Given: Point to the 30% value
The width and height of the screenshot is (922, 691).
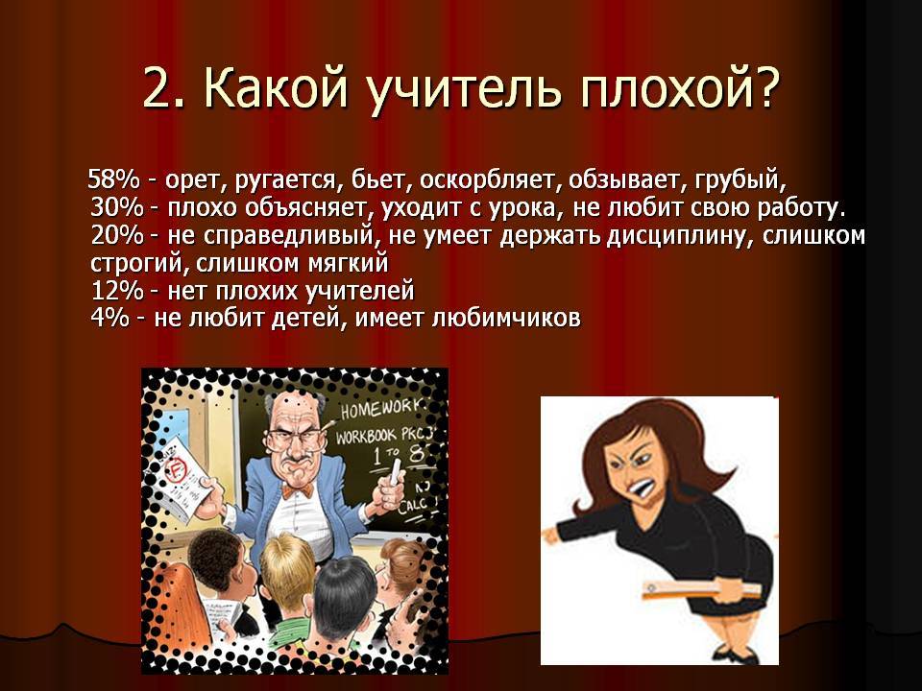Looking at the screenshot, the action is pyautogui.click(x=117, y=207).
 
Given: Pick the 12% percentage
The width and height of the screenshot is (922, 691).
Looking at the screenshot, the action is pyautogui.click(x=117, y=291).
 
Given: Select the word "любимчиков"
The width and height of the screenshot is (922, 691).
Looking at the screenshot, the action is pyautogui.click(x=506, y=319).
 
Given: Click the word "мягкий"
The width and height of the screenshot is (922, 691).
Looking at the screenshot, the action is pyautogui.click(x=348, y=264).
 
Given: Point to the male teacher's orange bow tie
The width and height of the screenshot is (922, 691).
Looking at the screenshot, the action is pyautogui.click(x=297, y=490).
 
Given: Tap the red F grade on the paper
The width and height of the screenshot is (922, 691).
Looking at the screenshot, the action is pyautogui.click(x=177, y=469).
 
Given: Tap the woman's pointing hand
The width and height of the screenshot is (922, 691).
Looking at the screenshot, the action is pyautogui.click(x=551, y=535).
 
